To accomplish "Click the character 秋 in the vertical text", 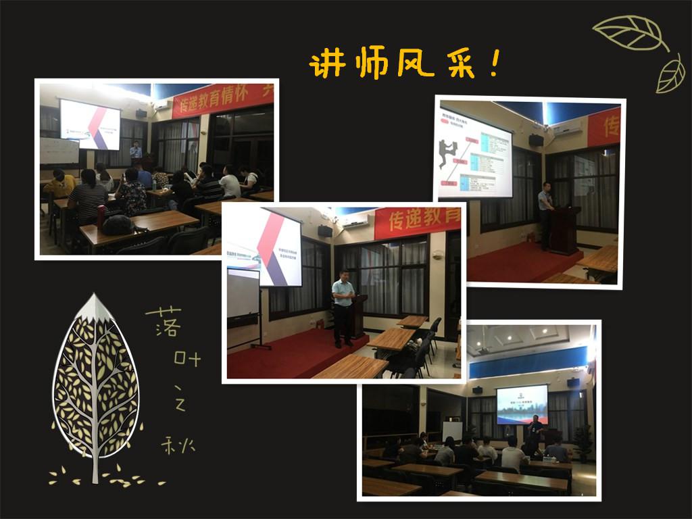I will pyautogui.click(x=178, y=445).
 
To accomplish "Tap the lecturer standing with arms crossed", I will pyautogui.click(x=343, y=307).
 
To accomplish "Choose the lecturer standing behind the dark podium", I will pyautogui.click(x=545, y=214).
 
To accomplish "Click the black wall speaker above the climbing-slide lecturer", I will pyautogui.click(x=536, y=140).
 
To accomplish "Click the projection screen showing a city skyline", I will pyautogui.click(x=522, y=403).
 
